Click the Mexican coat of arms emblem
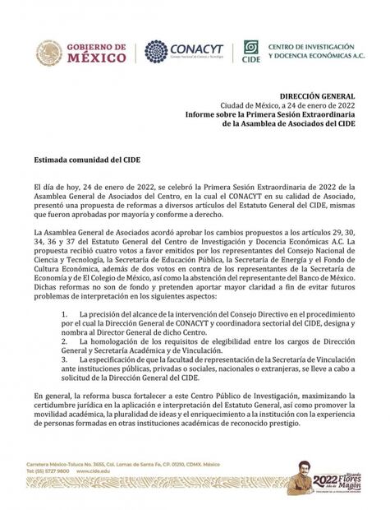click(48, 53)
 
